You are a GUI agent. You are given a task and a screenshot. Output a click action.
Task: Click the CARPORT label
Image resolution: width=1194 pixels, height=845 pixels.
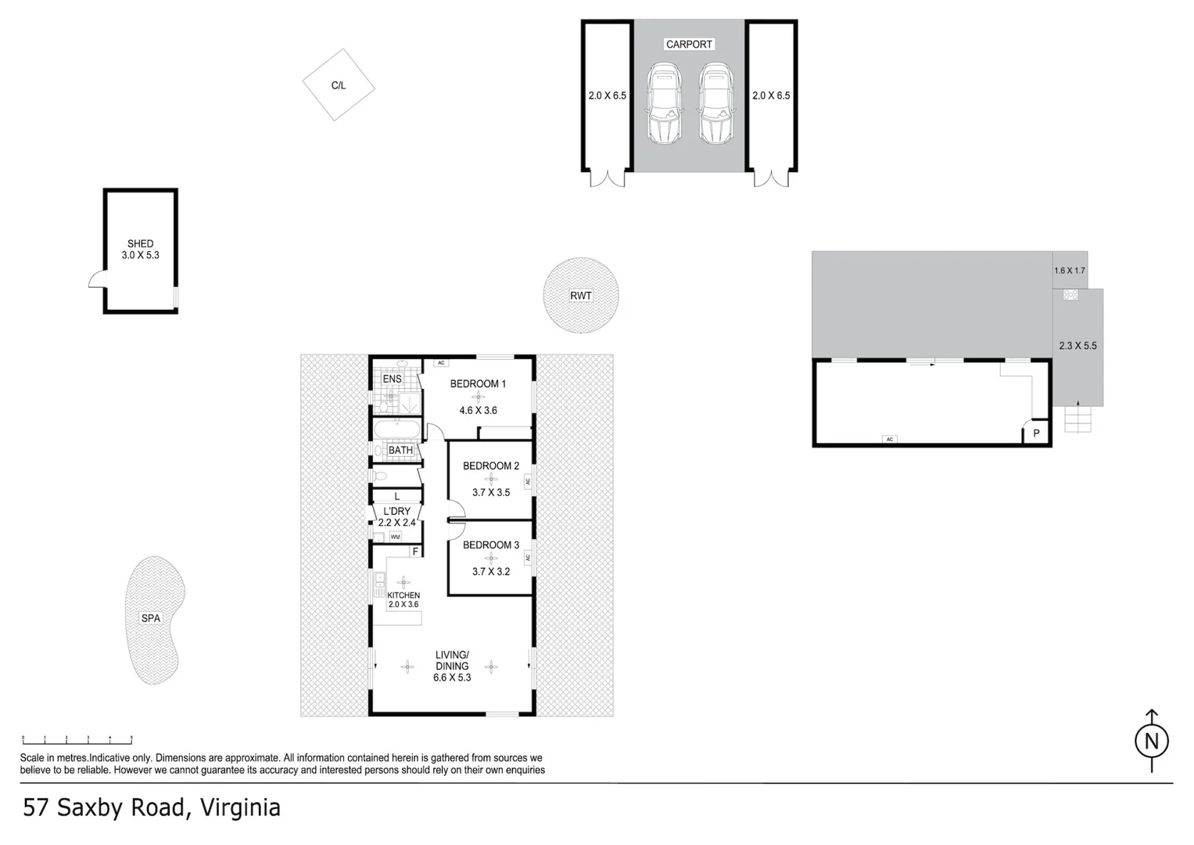689,45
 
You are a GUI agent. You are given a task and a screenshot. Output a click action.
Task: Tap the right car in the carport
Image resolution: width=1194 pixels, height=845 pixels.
715,105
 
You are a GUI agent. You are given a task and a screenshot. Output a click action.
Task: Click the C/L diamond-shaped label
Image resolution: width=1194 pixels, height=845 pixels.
339,84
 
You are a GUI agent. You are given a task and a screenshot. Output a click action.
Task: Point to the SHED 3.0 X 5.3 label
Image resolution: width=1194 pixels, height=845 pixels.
141,250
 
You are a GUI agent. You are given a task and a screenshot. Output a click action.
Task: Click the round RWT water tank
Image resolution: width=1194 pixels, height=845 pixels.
581,296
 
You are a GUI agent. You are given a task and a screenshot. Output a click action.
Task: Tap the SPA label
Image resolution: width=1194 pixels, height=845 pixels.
151,618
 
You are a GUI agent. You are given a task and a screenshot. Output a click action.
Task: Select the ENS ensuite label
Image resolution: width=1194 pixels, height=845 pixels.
392,379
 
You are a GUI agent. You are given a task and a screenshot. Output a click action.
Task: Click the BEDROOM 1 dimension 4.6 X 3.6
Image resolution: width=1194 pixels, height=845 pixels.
478,410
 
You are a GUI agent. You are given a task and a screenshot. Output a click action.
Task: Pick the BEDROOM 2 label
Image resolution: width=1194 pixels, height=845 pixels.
490,466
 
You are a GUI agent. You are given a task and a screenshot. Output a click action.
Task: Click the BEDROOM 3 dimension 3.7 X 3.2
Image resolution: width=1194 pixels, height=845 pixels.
490,571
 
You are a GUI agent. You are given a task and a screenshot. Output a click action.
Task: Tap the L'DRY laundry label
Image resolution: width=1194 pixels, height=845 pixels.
396,511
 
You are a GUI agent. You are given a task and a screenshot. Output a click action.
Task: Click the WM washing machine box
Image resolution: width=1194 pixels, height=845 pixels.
395,537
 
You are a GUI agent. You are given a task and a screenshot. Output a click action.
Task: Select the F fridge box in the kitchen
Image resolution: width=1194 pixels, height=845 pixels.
415,552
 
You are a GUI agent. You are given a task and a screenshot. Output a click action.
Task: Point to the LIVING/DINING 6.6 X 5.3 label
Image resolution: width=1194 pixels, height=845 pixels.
452,666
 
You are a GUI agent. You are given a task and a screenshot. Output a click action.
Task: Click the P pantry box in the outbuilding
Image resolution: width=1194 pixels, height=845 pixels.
1037,433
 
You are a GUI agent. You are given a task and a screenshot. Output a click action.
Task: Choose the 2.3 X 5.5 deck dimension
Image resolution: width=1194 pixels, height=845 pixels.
1077,345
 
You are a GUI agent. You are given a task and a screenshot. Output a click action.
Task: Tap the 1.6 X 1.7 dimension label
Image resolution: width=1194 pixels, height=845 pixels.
1070,271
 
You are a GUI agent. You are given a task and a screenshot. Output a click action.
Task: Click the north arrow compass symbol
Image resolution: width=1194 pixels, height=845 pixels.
1151,740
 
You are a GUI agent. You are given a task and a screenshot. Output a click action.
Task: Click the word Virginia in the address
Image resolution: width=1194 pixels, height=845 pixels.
241,807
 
